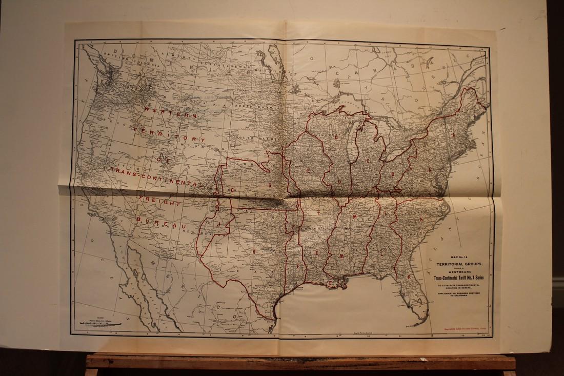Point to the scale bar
(x=100, y=324)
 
